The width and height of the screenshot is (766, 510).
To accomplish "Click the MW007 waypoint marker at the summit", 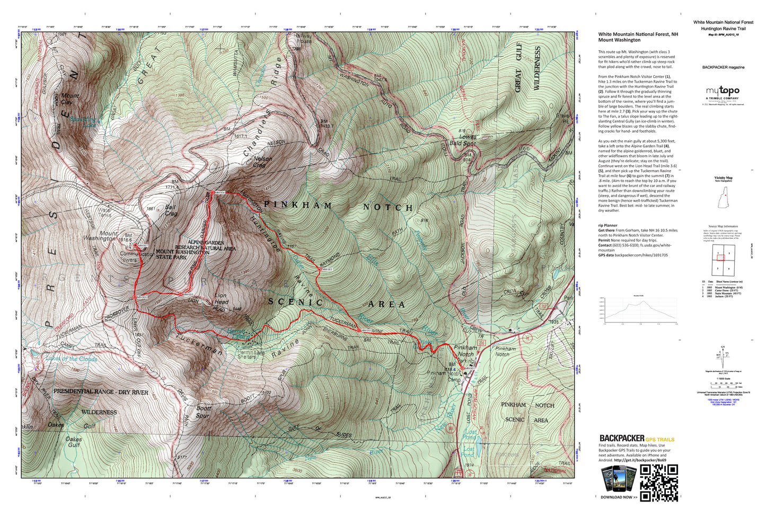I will (136, 246).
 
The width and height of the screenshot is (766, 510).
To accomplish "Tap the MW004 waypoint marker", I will (213, 192).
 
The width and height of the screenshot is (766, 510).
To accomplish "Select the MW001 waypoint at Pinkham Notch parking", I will (462, 368).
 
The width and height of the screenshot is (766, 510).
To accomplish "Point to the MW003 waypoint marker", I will (320, 270).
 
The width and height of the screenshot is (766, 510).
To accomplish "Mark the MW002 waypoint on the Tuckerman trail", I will (359, 330).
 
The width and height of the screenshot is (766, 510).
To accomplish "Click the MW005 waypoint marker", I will (181, 294).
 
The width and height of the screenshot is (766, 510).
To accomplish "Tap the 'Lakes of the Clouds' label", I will (71, 359).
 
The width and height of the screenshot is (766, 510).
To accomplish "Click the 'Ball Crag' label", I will (171, 210).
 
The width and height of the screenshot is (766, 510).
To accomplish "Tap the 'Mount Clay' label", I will (70, 99).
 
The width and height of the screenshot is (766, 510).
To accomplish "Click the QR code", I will (659, 482).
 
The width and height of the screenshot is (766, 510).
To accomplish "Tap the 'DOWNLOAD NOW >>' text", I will (619, 497).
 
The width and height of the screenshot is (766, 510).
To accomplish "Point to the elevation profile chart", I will (641, 310).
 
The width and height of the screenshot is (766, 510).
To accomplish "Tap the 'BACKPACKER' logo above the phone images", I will (622, 438).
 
